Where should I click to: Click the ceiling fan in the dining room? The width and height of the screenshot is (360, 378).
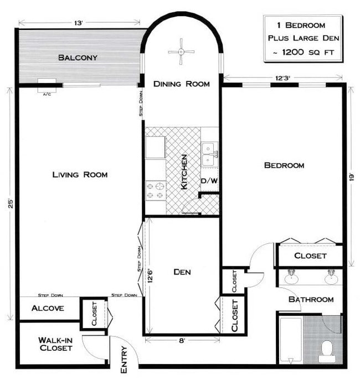click(x=181, y=52)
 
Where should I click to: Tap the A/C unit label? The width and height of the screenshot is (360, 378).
click(x=47, y=94)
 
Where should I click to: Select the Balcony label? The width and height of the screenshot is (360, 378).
click(x=78, y=58)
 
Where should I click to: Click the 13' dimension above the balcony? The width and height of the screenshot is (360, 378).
click(x=79, y=23)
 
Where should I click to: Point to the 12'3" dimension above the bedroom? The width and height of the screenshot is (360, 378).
click(x=282, y=78)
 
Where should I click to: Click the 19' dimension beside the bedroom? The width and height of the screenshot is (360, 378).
click(x=352, y=177)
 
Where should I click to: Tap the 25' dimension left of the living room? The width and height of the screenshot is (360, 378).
click(x=11, y=203)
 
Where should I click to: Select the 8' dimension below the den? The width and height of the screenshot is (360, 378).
click(x=182, y=340)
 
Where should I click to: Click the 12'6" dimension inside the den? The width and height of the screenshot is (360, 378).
click(x=150, y=275)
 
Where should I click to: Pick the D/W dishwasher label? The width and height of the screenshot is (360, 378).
click(x=209, y=181)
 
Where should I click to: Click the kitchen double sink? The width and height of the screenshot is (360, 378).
click(x=210, y=154)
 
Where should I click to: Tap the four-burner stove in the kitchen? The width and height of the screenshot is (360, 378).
click(x=156, y=191)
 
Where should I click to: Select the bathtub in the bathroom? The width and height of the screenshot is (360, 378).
click(x=291, y=340)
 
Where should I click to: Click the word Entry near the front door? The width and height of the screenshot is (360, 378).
click(x=124, y=359)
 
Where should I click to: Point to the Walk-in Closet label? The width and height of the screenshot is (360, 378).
click(x=56, y=344)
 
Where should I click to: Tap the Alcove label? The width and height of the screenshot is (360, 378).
click(x=48, y=308)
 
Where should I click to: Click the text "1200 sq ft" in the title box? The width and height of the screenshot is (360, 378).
click(x=308, y=52)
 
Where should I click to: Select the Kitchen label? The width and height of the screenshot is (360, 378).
click(x=184, y=172)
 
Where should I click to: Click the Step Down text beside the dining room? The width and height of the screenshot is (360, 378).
click(x=141, y=104)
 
